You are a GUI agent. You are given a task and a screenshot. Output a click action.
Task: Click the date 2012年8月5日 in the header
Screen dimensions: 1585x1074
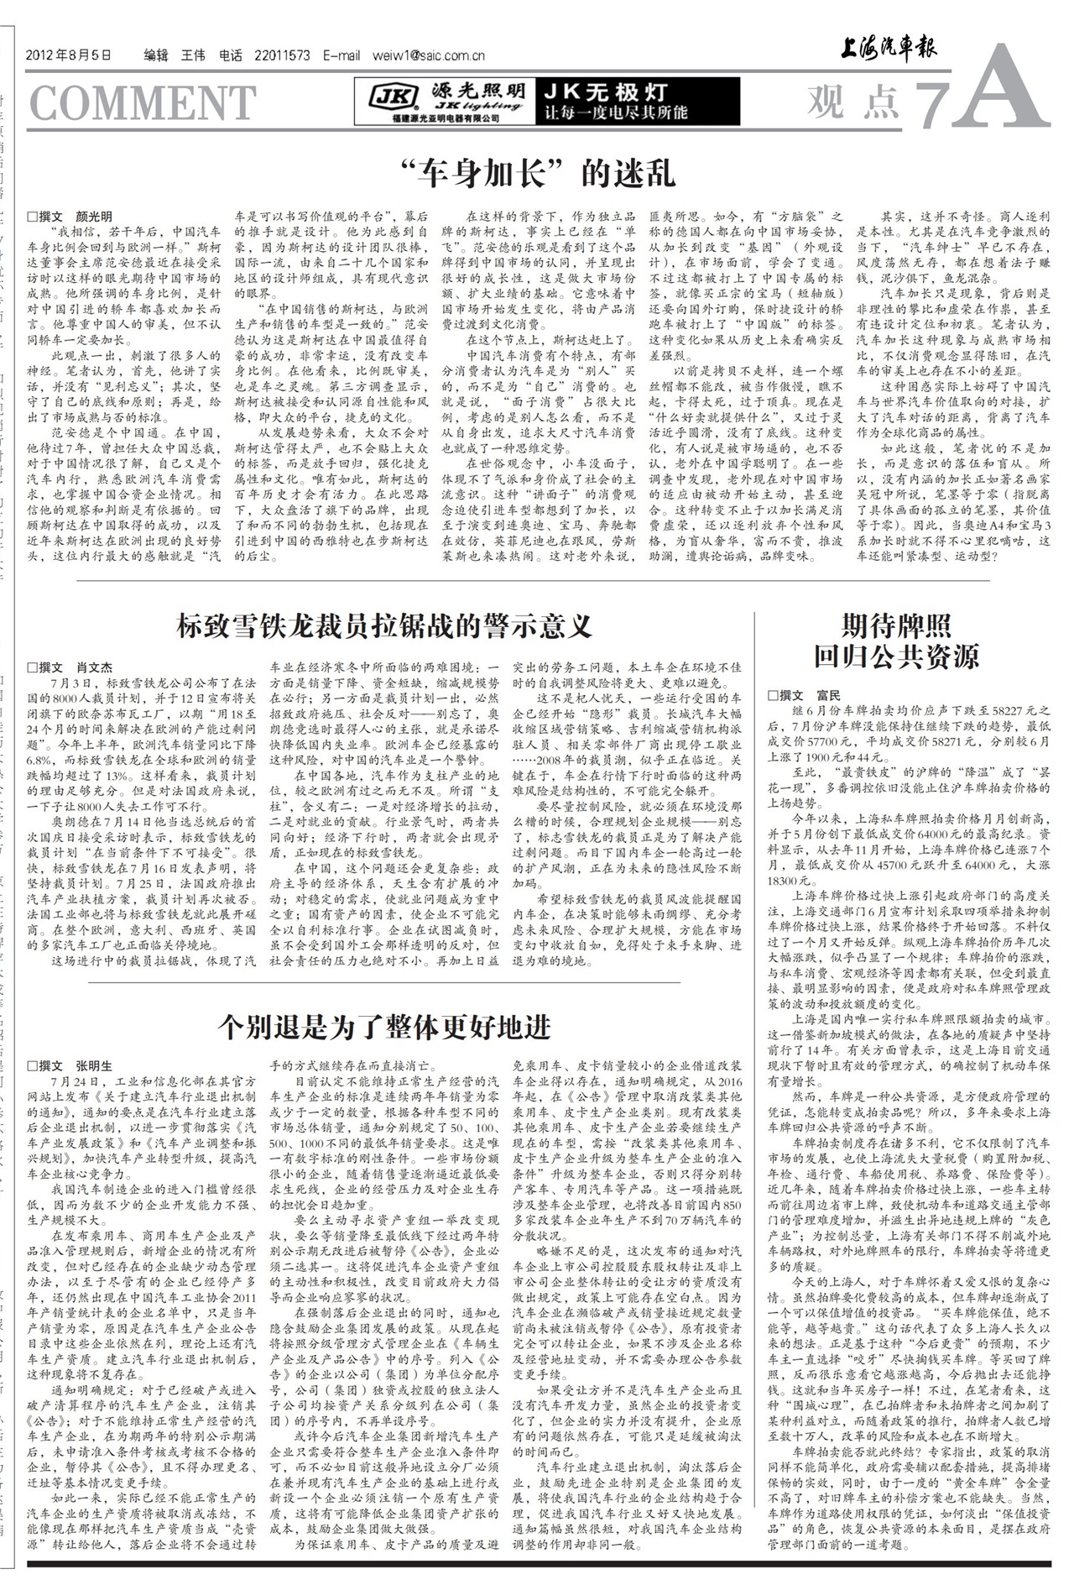coord(69,56)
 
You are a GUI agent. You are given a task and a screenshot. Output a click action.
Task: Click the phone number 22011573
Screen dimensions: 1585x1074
coord(282,56)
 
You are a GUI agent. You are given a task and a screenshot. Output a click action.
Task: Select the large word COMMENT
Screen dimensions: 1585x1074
coord(142,102)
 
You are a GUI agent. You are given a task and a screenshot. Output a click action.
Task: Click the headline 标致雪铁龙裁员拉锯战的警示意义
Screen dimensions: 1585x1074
coord(384,625)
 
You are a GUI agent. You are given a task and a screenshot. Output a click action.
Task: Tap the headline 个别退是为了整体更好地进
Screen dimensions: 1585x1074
coord(384,1026)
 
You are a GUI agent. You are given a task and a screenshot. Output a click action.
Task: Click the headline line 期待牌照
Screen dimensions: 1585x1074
coord(896,625)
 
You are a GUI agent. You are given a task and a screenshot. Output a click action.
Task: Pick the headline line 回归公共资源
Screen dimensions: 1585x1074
coord(896,656)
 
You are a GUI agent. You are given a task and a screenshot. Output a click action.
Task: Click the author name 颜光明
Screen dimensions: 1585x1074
coord(95,217)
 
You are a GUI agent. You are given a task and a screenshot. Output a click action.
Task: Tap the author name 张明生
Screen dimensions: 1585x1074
coord(95,1066)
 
